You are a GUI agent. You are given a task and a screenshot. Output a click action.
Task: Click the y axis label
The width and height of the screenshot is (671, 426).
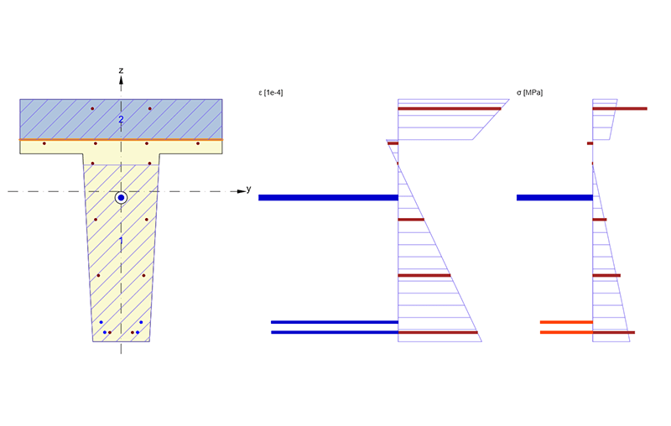point(249,189)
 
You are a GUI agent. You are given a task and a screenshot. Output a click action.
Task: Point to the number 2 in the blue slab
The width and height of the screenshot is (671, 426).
point(121,120)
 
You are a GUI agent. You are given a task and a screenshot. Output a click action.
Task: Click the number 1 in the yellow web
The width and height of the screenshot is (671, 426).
point(121,242)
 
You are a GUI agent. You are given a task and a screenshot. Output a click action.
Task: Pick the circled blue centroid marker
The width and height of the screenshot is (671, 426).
point(121,198)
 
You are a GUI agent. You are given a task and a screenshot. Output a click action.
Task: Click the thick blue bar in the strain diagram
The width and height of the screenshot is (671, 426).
point(328,198)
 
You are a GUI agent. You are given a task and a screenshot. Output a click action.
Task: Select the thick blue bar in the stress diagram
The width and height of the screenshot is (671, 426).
point(554,198)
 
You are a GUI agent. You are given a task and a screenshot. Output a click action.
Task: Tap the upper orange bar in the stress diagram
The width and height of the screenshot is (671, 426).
point(566,322)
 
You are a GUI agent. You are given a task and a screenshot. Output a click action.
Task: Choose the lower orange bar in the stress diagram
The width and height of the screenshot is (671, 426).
point(566,333)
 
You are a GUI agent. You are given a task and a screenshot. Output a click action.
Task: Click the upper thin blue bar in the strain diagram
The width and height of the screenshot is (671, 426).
point(334,322)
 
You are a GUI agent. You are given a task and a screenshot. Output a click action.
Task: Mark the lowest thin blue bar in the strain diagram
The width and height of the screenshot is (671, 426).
point(334,333)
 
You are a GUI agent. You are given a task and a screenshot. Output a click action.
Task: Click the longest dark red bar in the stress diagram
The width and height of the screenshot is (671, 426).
point(620,108)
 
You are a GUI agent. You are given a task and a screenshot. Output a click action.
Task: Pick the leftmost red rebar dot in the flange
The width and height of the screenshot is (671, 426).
point(44,143)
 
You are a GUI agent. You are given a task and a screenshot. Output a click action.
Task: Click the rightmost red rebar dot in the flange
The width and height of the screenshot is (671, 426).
point(198,143)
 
